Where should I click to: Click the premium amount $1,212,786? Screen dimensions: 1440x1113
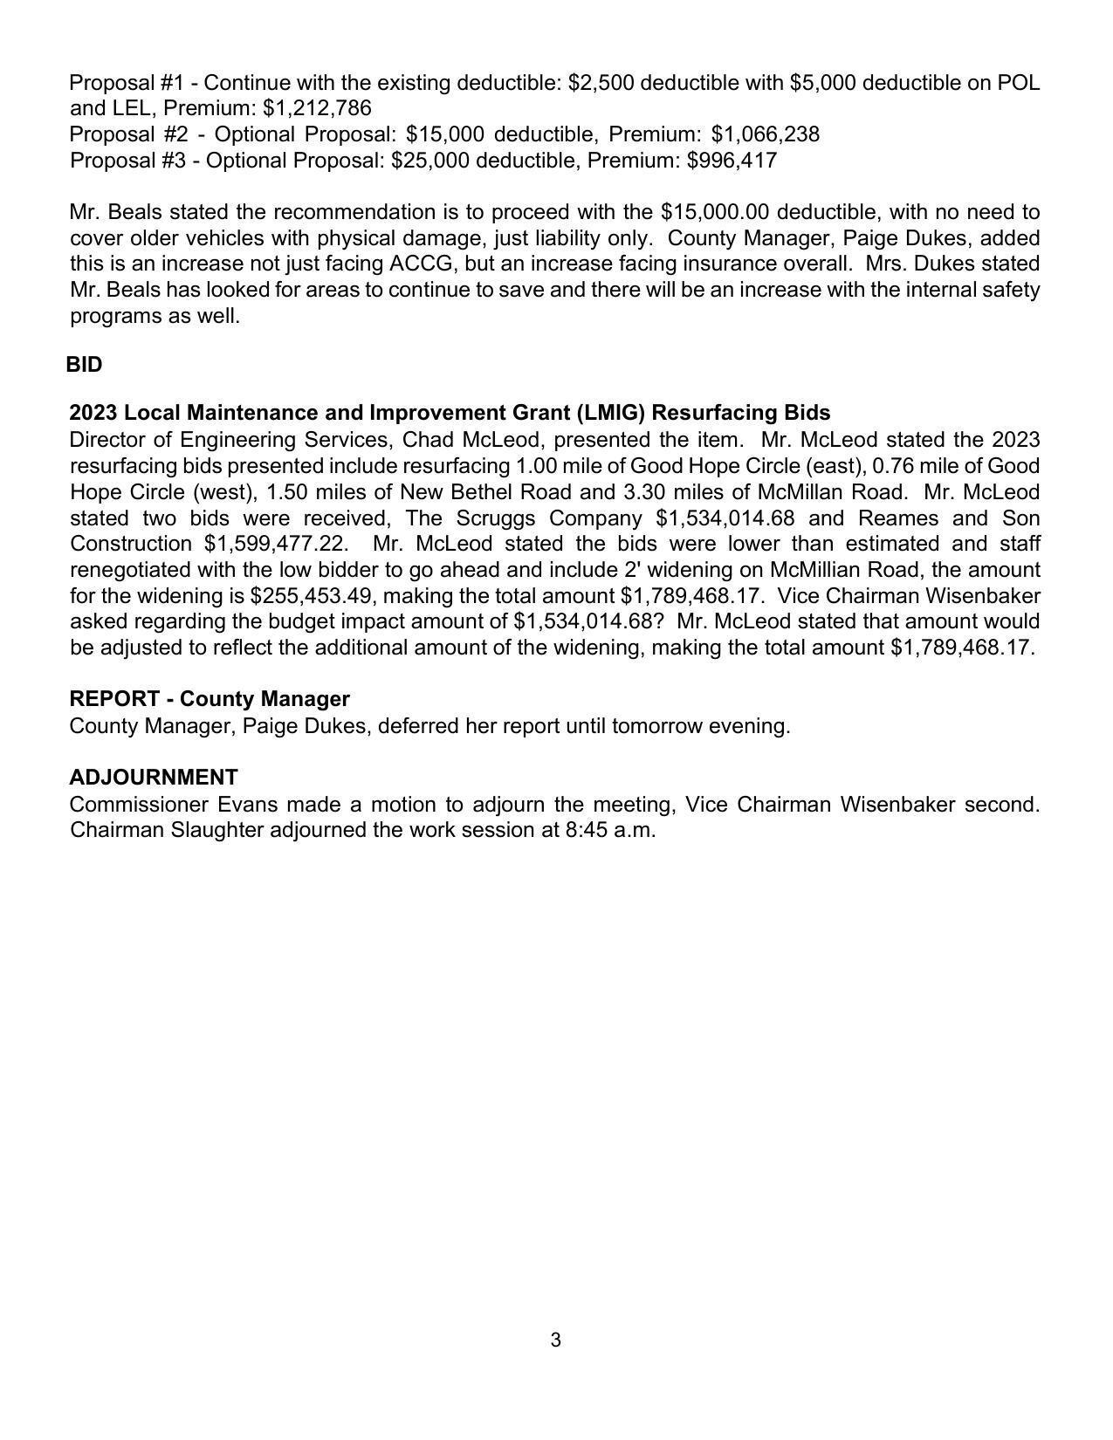[317, 108]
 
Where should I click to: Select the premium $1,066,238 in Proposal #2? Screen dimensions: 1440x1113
[766, 134]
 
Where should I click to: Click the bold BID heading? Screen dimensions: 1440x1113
[84, 365]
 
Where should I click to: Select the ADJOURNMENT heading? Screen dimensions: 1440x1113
[154, 777]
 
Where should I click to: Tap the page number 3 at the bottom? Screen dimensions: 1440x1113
[556, 1341]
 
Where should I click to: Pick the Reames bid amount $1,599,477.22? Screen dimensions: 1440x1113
[273, 544]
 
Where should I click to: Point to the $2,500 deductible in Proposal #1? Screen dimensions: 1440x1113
[597, 83]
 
